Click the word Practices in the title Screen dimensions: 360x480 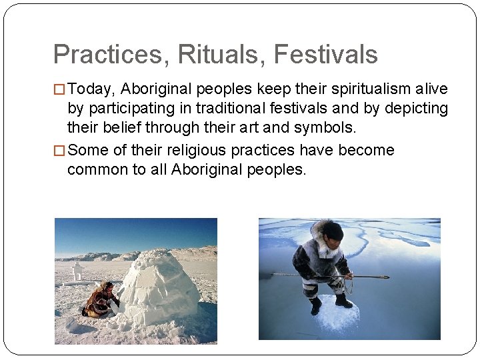107,54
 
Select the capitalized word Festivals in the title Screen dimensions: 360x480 326,54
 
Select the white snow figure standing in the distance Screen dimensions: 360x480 78,269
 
